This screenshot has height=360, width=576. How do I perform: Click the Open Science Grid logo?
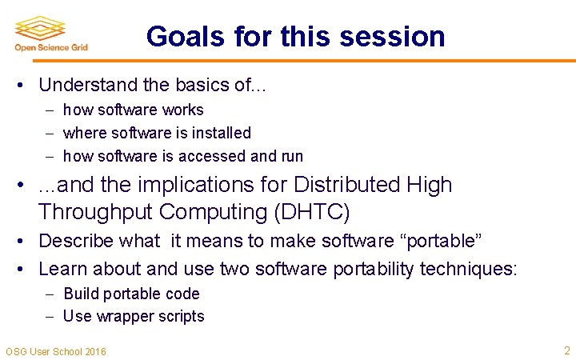coord(50,33)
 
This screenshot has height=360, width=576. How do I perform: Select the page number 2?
coord(566,350)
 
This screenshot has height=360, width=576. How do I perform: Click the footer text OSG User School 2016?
coord(55,351)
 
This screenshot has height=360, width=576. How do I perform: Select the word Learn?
coord(61,268)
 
